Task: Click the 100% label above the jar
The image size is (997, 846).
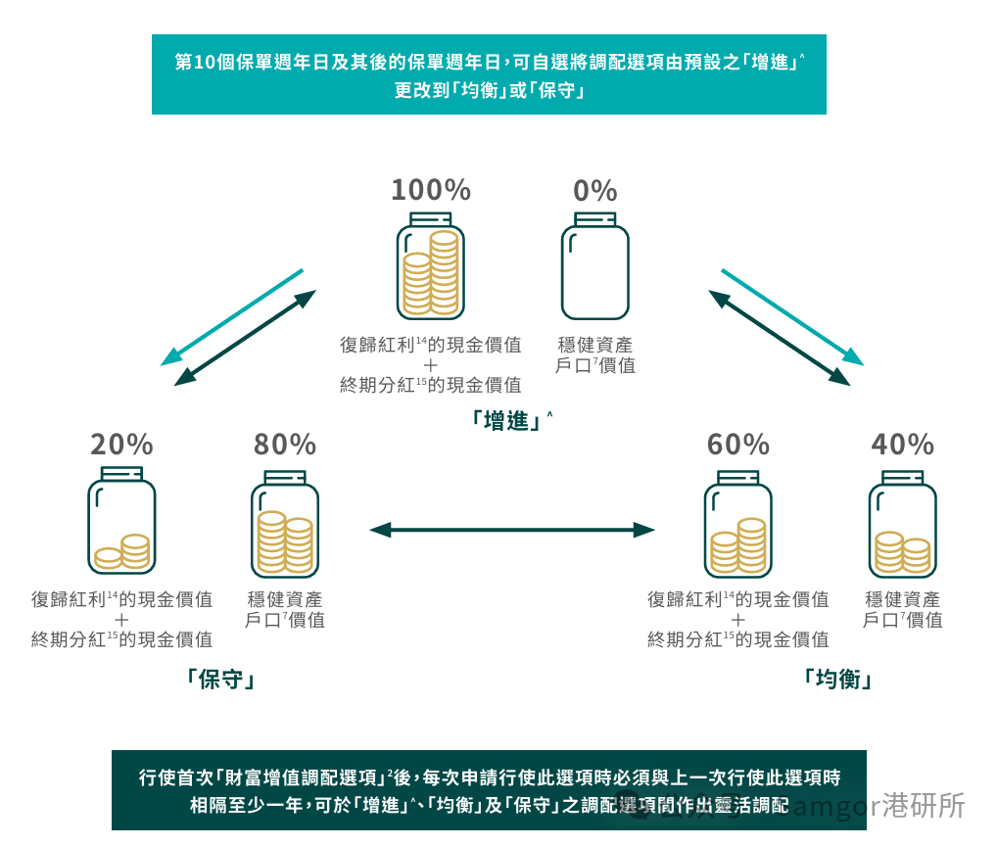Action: point(431,190)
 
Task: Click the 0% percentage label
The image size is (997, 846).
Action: point(594,190)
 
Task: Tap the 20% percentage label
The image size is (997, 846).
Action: point(121,445)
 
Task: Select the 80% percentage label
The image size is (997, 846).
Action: point(285,445)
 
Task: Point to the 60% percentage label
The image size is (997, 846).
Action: point(738,445)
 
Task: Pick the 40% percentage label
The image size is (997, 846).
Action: point(902,445)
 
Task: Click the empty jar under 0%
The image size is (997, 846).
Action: point(594,266)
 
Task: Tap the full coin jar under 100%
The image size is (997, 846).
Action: point(431,266)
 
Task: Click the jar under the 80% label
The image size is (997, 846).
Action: point(285,523)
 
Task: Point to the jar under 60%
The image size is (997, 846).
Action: point(738,523)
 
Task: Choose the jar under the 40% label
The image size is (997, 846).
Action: point(902,523)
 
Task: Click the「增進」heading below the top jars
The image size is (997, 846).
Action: point(506,421)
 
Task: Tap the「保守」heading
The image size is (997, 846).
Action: point(219,680)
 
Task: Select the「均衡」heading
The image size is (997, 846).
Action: point(836,680)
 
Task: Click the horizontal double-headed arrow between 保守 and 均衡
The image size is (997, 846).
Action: point(511,530)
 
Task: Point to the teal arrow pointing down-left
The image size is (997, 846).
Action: point(232,316)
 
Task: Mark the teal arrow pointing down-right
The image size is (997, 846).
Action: point(792,316)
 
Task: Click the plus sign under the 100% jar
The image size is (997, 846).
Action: point(431,365)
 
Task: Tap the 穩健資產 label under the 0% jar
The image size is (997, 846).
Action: point(594,345)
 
